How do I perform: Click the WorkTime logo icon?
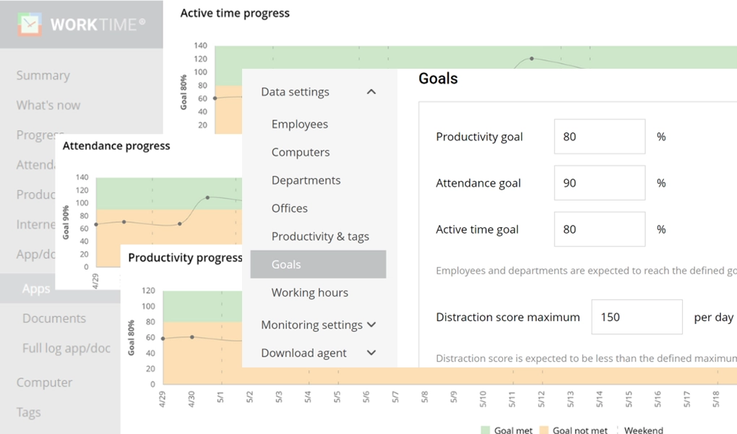[30, 24]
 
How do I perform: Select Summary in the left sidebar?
[43, 75]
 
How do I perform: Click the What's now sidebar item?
[48, 106]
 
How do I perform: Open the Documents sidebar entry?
[54, 318]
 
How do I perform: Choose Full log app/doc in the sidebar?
[66, 349]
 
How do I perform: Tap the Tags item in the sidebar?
[29, 412]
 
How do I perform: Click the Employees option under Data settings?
[300, 124]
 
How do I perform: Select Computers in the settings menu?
[301, 153]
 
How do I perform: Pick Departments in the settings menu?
[306, 181]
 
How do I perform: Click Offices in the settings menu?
[290, 208]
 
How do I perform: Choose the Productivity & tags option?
[320, 237]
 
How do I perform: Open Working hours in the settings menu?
[310, 293]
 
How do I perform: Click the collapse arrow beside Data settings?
[371, 92]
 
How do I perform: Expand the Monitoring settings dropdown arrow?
[371, 325]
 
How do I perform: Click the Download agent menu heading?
[304, 353]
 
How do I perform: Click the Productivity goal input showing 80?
[599, 137]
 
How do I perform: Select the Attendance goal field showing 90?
[599, 183]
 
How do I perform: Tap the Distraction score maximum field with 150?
[637, 317]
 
